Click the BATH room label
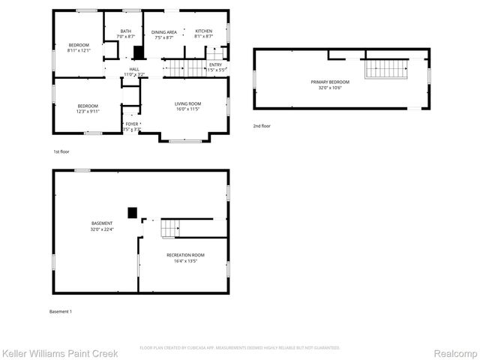pos(127,31)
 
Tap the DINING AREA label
pos(163,31)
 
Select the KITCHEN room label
pos(203,31)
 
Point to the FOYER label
pos(132,124)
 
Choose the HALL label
pos(133,69)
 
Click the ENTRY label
pos(215,64)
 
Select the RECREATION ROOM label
pos(185,255)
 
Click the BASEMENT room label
pos(102,223)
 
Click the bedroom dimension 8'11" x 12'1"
pos(78,50)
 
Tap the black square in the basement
pos(133,213)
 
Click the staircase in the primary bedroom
pos(385,70)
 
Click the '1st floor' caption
pos(61,152)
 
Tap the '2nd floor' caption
pos(261,126)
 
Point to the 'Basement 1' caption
pos(60,311)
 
